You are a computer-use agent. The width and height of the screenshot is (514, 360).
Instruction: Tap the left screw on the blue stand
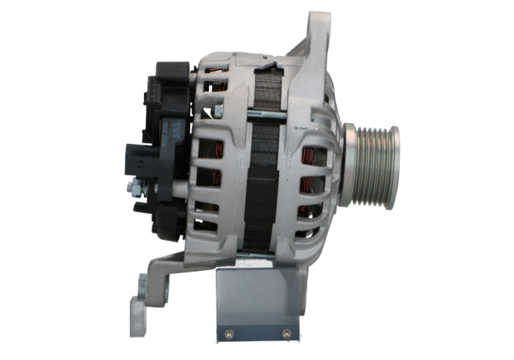point(228,332)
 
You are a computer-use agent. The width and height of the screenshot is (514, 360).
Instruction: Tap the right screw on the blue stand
point(286,332)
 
